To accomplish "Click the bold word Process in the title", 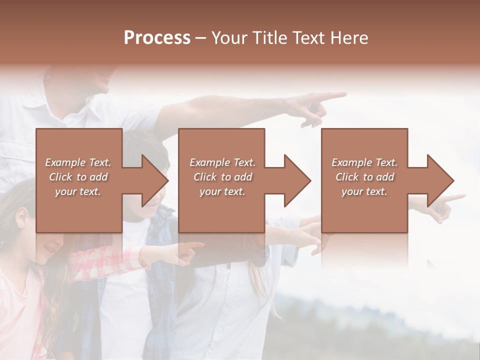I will [x=157, y=37].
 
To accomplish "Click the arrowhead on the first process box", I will [x=155, y=180].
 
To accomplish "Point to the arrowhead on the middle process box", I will [x=297, y=180].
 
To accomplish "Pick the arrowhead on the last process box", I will [x=440, y=180].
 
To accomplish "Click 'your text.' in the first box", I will [x=78, y=191].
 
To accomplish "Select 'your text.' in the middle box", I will [x=222, y=191].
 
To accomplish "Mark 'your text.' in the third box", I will [x=364, y=191].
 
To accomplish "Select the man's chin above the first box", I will [x=102, y=86].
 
